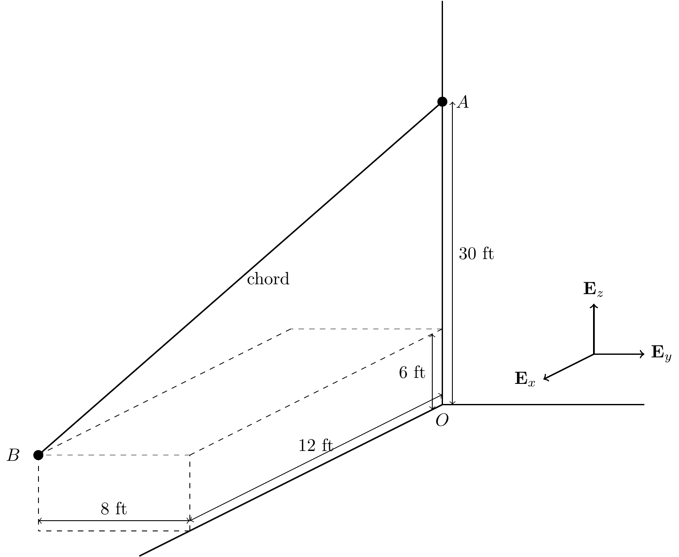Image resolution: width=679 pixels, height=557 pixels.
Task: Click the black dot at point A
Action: tap(442, 101)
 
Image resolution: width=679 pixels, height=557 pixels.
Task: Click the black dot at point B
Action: tap(38, 455)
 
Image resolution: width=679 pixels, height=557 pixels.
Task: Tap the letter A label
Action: tap(463, 103)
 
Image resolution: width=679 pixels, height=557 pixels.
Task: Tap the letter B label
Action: tap(13, 455)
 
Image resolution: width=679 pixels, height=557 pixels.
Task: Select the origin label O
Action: tap(442, 420)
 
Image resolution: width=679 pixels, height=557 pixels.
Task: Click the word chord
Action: tap(268, 279)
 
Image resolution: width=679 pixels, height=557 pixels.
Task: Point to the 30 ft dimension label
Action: tap(476, 254)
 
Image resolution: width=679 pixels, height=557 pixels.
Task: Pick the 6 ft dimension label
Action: tap(412, 373)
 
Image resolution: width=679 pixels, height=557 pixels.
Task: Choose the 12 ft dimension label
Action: tap(316, 445)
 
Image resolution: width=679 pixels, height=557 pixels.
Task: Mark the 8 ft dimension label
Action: tap(114, 509)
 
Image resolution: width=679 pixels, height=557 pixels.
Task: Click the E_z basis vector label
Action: tap(593, 289)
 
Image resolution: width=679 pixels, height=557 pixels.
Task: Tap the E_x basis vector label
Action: tap(525, 379)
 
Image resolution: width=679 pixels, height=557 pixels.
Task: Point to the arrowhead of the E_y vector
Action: tap(642, 354)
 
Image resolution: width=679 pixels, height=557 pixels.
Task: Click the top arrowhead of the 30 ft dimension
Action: tap(452, 103)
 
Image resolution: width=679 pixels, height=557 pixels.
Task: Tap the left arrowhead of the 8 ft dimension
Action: tap(40, 521)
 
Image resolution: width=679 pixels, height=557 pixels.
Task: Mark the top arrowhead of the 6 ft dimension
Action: tap(432, 336)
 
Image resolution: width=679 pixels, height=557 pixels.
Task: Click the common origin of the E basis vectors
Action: tap(593, 354)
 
